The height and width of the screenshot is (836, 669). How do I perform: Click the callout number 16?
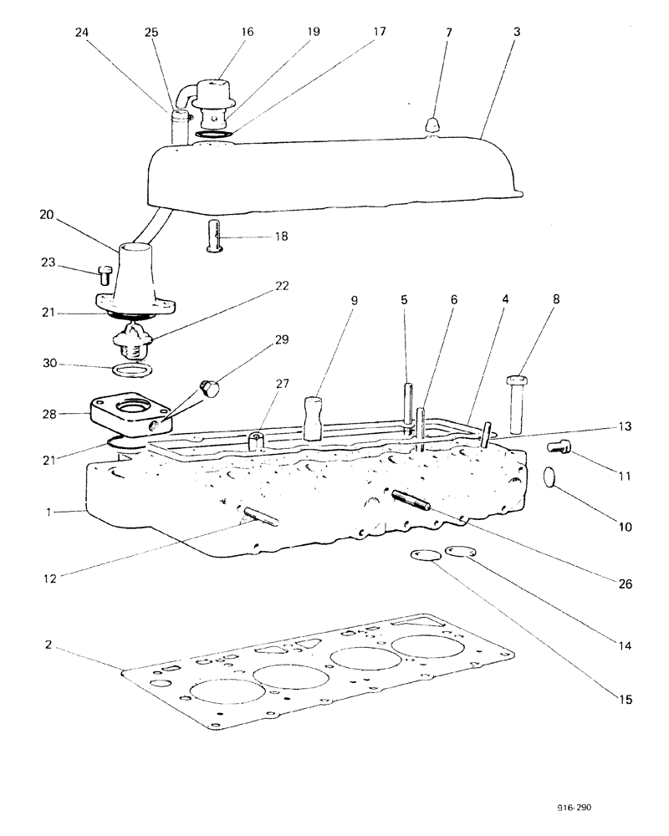click(x=247, y=31)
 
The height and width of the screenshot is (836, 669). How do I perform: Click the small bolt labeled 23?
click(x=105, y=273)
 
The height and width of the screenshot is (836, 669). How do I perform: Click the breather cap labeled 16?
click(x=217, y=94)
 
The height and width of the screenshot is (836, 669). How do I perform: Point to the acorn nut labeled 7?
click(x=432, y=125)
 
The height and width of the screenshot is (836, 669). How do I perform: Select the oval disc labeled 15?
click(x=425, y=555)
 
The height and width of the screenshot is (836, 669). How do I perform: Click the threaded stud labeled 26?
click(x=411, y=503)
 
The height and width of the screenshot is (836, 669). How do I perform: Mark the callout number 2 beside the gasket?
click(x=50, y=645)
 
